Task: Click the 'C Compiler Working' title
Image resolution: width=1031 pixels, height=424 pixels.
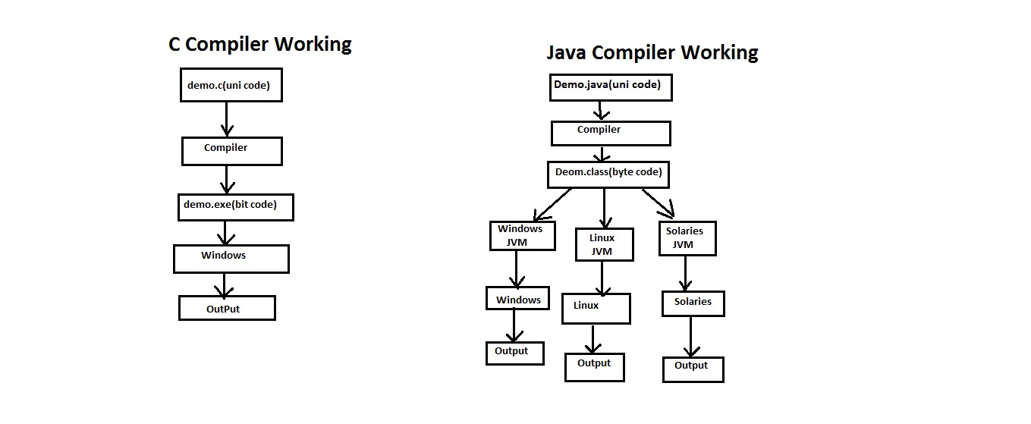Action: [259, 44]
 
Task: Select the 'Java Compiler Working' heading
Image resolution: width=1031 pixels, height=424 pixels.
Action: [652, 52]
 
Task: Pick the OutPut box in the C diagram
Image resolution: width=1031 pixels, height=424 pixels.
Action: [226, 308]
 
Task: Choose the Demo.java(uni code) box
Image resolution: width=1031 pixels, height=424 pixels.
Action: [611, 86]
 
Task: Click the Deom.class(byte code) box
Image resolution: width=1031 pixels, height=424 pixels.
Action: [608, 174]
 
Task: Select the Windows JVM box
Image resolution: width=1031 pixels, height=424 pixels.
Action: [521, 236]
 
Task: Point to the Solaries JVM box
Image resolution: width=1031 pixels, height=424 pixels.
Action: [687, 238]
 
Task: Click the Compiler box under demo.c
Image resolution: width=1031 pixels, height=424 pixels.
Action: [231, 150]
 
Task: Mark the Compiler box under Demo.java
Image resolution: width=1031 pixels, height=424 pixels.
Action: [610, 133]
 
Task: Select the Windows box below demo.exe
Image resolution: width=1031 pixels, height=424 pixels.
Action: [231, 259]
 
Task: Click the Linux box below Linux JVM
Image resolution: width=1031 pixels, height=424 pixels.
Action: [596, 308]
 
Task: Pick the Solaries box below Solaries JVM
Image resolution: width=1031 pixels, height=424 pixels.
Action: [693, 303]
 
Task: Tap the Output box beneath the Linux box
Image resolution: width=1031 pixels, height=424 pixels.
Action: [594, 366]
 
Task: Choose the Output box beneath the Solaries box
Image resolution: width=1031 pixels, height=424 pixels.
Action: [693, 369]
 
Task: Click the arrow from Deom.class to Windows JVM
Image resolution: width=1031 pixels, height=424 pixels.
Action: [552, 204]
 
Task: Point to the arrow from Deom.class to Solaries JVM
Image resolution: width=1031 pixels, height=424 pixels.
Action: [659, 203]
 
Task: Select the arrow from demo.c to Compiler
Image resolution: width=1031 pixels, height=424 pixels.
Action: [225, 118]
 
